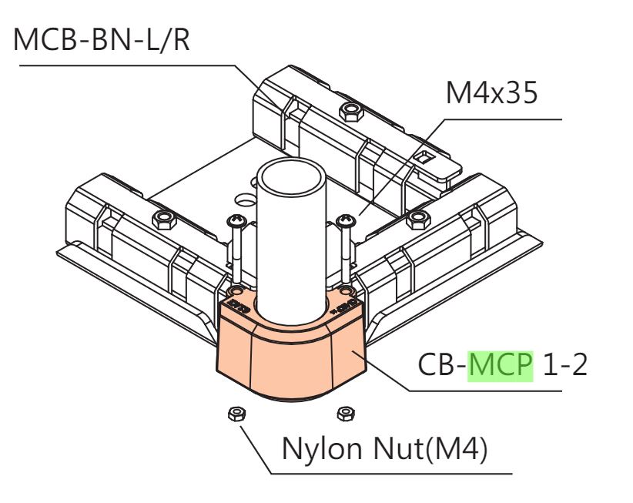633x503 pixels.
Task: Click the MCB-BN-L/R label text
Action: [102, 39]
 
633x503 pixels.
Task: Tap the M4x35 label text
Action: [492, 92]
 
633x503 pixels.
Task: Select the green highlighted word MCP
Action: [501, 364]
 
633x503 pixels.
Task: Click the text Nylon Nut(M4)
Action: [385, 448]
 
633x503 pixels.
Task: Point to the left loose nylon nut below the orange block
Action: [237, 414]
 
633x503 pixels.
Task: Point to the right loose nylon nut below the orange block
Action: [346, 414]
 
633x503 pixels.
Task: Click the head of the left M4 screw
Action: [236, 221]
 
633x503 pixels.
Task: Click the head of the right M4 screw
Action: [346, 220]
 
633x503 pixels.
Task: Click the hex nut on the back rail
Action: [352, 112]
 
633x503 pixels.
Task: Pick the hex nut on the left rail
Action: [164, 220]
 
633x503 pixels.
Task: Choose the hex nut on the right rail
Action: [419, 220]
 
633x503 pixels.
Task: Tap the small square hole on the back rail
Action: [424, 157]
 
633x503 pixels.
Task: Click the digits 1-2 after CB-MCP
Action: [565, 364]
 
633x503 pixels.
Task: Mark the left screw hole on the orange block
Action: [236, 290]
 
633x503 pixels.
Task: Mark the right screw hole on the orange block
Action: [346, 290]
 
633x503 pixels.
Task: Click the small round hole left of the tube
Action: [246, 200]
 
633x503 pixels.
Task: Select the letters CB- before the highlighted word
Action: [443, 364]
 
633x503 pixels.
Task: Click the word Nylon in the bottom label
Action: [321, 449]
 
